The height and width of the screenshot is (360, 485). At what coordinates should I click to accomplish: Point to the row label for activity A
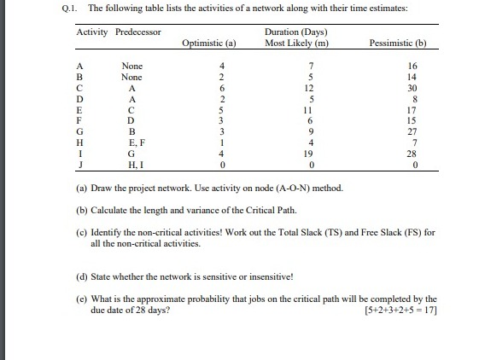(x=80, y=66)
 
